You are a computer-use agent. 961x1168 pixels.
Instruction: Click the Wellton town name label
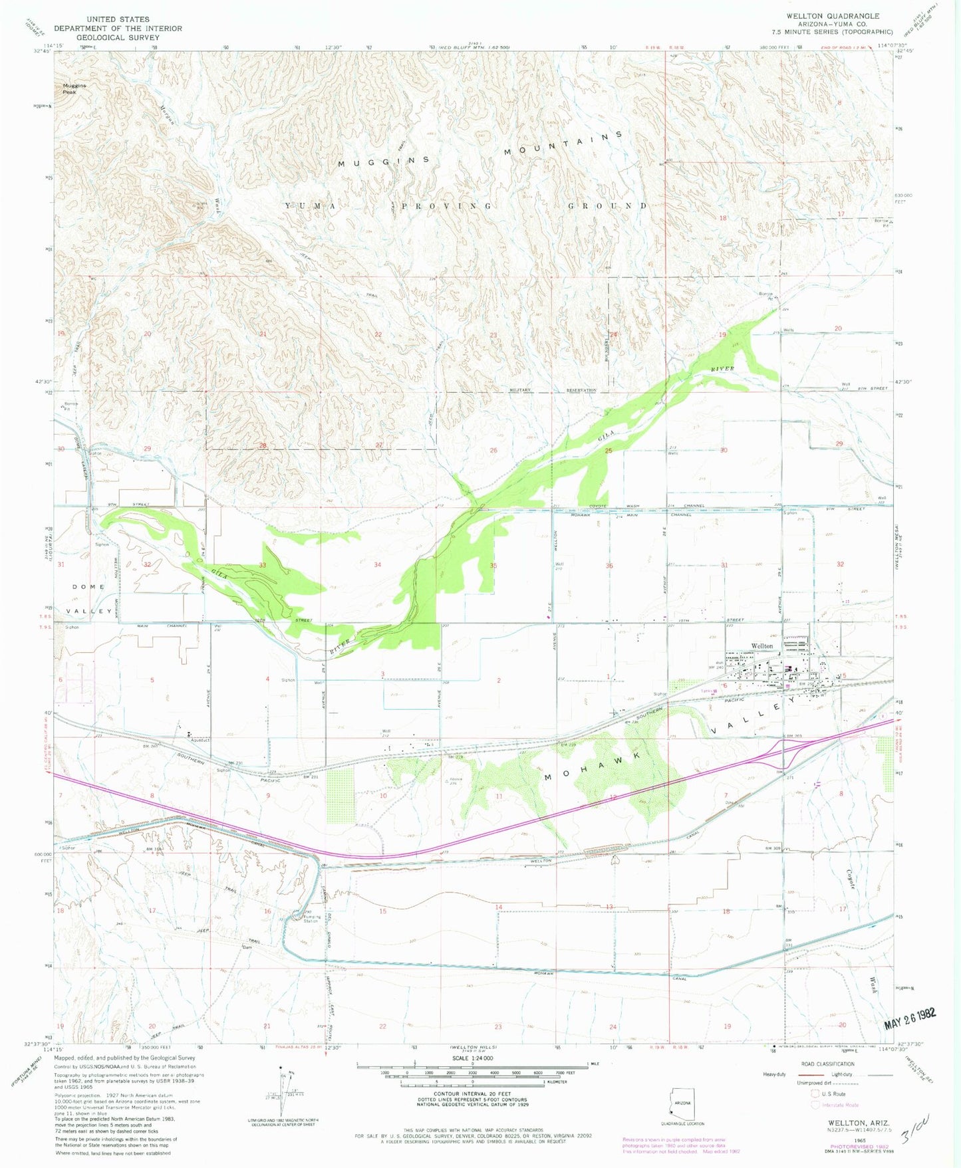pyautogui.click(x=762, y=645)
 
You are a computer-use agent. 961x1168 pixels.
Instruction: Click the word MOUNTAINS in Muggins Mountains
pyautogui.click(x=563, y=144)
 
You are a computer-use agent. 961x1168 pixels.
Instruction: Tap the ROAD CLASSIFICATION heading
pyautogui.click(x=828, y=1064)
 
